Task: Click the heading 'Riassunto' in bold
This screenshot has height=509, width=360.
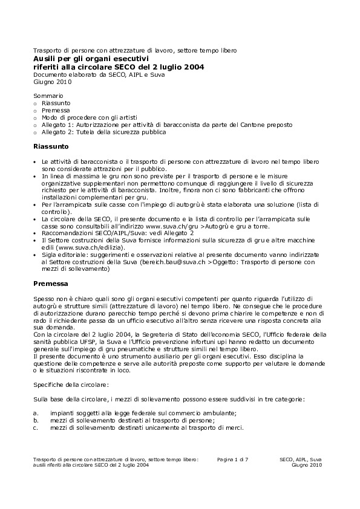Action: [x=51, y=146]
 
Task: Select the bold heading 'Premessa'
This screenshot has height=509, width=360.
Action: [x=51, y=283]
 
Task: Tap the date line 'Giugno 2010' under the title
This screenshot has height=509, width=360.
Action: [x=53, y=82]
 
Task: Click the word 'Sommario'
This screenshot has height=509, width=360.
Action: [x=48, y=96]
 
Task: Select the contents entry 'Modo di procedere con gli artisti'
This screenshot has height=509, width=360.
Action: [x=90, y=117]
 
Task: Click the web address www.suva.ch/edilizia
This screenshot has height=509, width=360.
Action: [x=82, y=248]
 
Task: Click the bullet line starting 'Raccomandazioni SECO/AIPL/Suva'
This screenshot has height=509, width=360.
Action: [x=117, y=233]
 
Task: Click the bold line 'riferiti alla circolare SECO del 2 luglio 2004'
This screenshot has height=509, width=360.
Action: [x=119, y=66]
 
